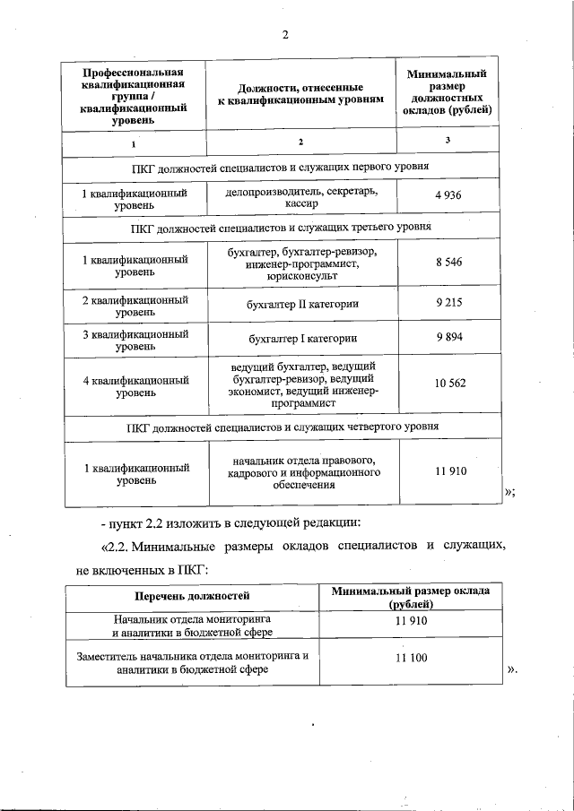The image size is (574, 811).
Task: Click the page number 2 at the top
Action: tap(285, 35)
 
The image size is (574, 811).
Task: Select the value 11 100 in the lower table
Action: tap(412, 659)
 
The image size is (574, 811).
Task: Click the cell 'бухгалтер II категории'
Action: tap(302, 304)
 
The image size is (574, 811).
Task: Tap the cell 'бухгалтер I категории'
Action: tap(302, 339)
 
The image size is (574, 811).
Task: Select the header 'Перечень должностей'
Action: tap(192, 596)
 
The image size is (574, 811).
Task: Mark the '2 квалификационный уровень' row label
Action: tap(135, 305)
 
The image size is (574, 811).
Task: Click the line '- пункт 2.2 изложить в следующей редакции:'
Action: tap(230, 521)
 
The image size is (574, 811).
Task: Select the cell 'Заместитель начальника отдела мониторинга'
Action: tap(192, 662)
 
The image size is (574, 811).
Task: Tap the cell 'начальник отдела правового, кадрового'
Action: tap(304, 472)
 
